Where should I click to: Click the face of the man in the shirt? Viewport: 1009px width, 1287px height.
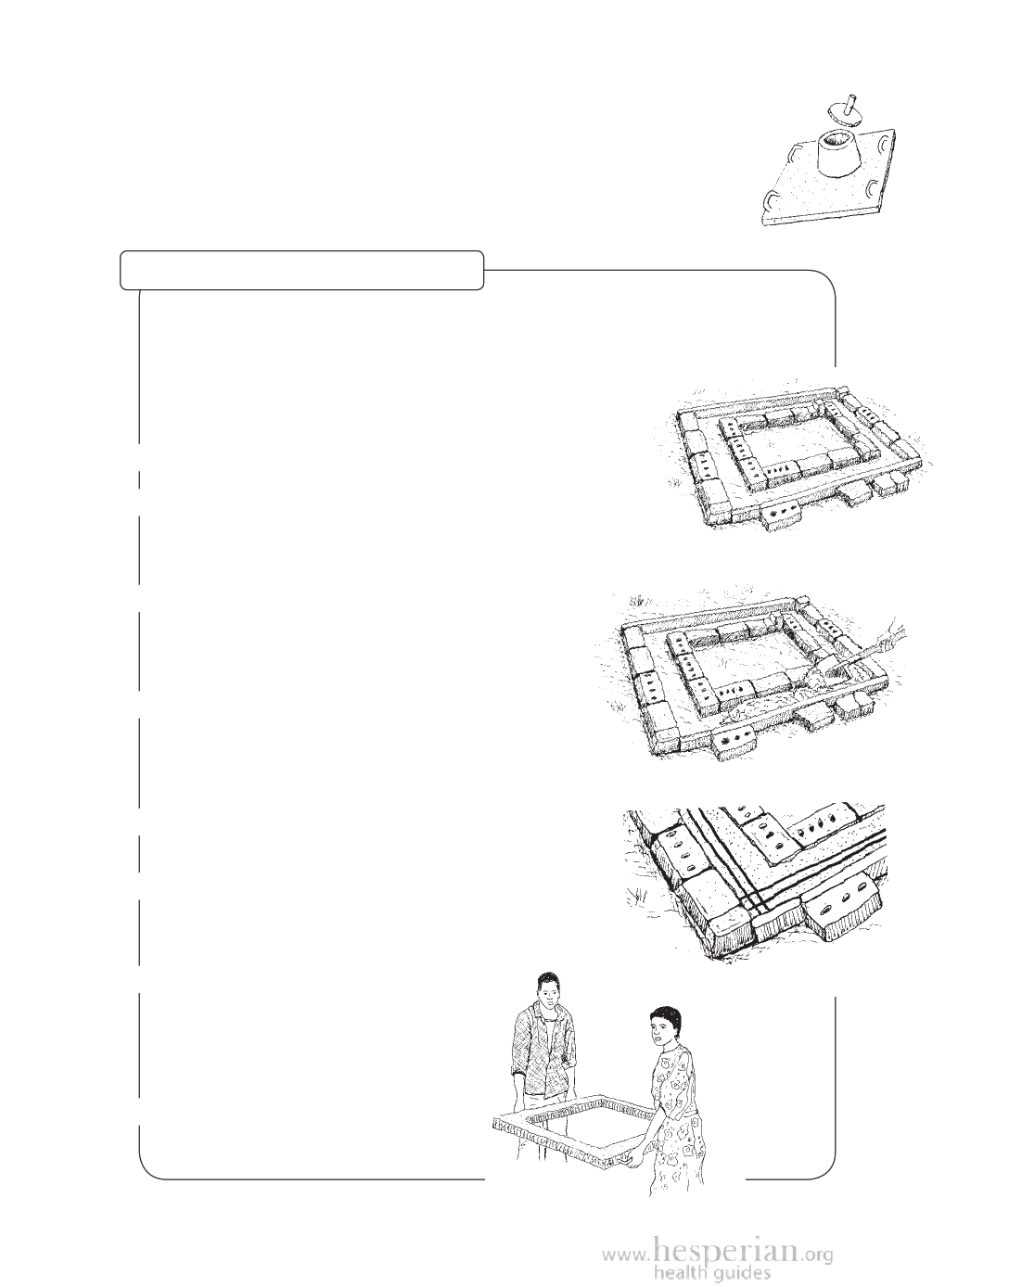[547, 1000]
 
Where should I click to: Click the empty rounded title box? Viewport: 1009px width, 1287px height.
[302, 271]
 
